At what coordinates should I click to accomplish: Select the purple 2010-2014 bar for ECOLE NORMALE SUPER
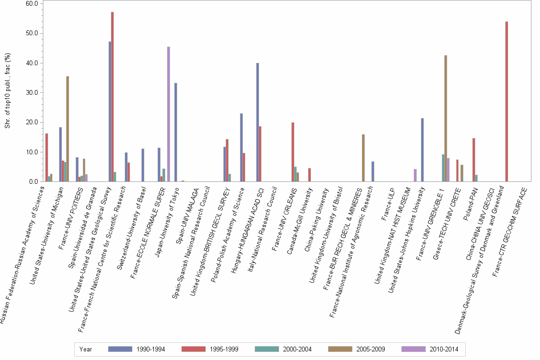pos(169,114)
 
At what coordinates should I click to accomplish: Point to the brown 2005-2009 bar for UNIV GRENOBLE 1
pos(446,119)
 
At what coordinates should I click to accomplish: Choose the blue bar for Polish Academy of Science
pos(241,148)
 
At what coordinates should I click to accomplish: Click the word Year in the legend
pos(86,349)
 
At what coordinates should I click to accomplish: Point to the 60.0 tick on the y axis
pos(31,3)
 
